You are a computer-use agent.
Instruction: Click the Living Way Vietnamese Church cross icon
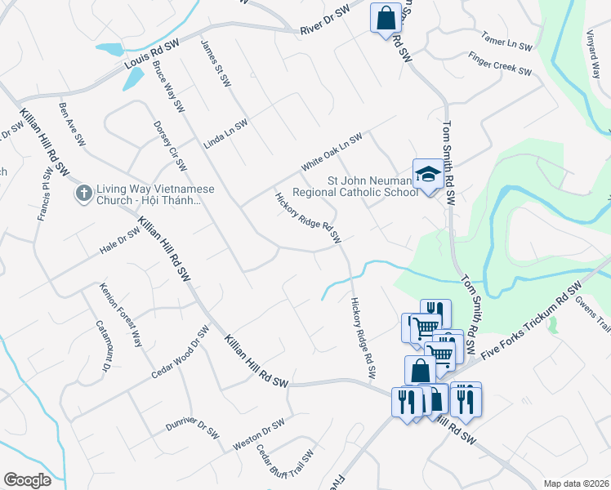tap(83, 194)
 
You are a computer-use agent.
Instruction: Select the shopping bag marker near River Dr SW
tap(384, 17)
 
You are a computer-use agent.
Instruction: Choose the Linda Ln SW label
tap(225, 133)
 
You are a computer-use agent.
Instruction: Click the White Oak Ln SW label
tap(331, 153)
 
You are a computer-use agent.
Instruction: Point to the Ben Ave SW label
tap(72, 124)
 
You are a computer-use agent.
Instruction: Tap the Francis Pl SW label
tap(44, 196)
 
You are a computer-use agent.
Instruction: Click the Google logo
tap(27, 480)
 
